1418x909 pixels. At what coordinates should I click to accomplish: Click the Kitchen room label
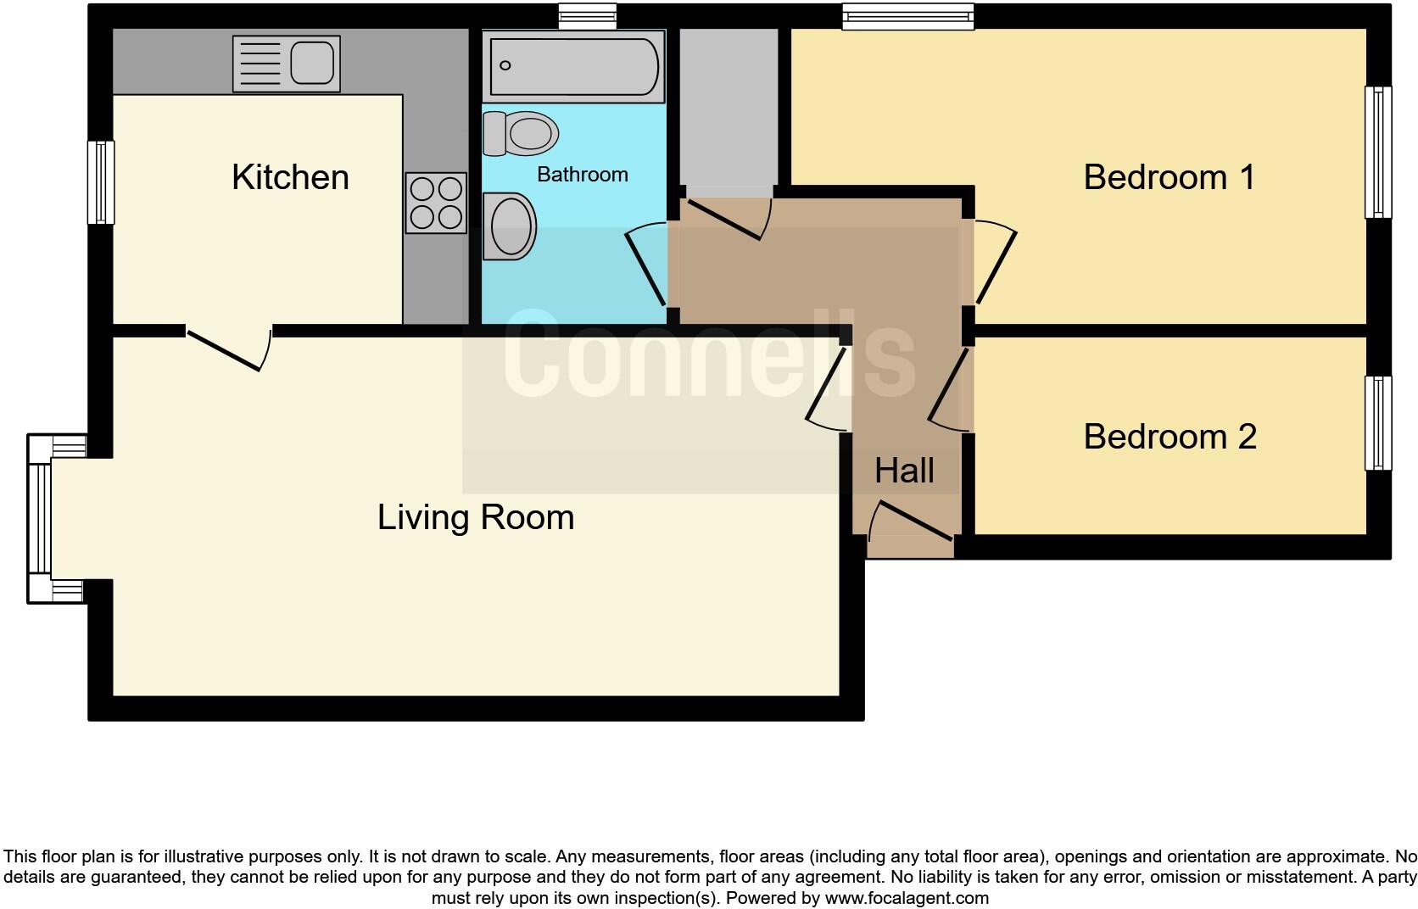pyautogui.click(x=290, y=177)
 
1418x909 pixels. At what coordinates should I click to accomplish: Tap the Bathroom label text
pyautogui.click(x=583, y=175)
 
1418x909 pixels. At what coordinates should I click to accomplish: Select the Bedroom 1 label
pyautogui.click(x=1169, y=177)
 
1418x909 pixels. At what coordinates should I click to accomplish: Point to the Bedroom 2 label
pyautogui.click(x=1170, y=437)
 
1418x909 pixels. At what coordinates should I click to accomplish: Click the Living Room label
pyautogui.click(x=476, y=517)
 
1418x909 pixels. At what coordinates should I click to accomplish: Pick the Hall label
pyautogui.click(x=904, y=471)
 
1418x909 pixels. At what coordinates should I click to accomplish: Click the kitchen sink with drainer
pyautogui.click(x=286, y=64)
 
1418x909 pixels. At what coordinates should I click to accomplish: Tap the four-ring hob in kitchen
pyautogui.click(x=436, y=203)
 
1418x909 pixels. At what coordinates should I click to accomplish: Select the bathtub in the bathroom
pyautogui.click(x=573, y=65)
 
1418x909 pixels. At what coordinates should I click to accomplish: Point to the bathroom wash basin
pyautogui.click(x=510, y=226)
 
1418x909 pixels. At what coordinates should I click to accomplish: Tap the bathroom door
pyautogui.click(x=646, y=265)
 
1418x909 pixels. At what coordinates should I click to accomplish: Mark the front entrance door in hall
pyautogui.click(x=912, y=521)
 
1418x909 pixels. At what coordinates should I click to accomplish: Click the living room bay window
pyautogui.click(x=40, y=518)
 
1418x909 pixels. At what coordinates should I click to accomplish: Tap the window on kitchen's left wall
pyautogui.click(x=101, y=182)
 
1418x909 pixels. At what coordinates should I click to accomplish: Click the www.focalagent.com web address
pyautogui.click(x=906, y=898)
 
